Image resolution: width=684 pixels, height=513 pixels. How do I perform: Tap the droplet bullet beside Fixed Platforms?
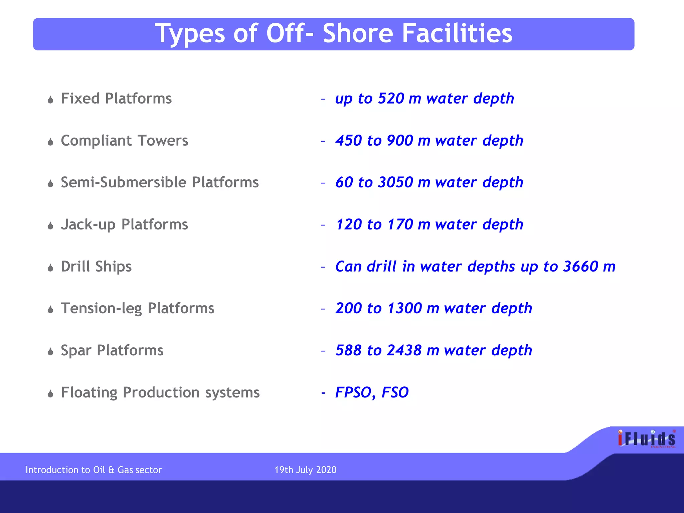tap(50, 100)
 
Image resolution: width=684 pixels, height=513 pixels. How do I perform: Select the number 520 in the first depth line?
tap(391, 99)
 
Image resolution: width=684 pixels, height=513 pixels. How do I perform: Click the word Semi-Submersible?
tap(124, 182)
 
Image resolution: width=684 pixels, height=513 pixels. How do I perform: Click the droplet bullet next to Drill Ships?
tap(50, 268)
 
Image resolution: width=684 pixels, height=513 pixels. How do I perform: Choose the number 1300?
tap(404, 308)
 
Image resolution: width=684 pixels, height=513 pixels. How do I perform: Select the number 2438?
tap(404, 350)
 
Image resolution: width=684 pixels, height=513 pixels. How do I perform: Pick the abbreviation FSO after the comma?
tap(395, 392)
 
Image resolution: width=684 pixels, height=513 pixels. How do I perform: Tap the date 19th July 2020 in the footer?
tap(305, 470)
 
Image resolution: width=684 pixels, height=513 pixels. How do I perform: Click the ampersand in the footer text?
tap(111, 470)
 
